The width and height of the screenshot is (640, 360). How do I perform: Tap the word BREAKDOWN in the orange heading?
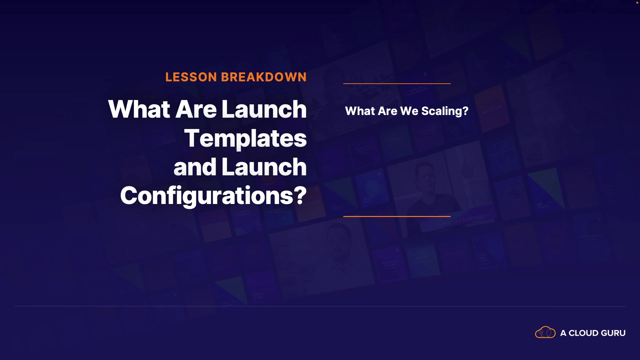coord(264,77)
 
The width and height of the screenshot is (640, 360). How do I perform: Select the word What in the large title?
coord(139,109)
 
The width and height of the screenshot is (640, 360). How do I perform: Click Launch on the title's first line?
coord(264,109)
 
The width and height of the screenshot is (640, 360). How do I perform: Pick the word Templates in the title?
coord(245,138)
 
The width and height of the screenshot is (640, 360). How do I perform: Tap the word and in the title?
coord(195,167)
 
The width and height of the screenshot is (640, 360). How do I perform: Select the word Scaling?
coord(441,111)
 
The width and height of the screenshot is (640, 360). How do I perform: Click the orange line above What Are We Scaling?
coord(397,83)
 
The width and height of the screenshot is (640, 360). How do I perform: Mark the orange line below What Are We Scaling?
coord(397,216)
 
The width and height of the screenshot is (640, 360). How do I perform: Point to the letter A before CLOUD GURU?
coord(563,333)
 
